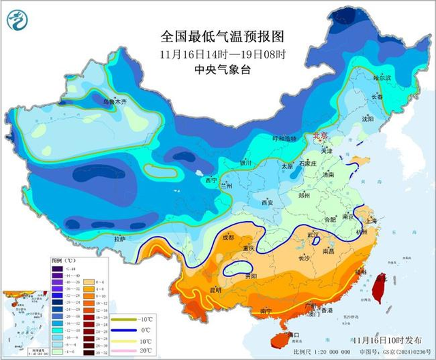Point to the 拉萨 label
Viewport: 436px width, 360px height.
pyautogui.click(x=120, y=239)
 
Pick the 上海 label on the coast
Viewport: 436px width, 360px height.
pyautogui.click(x=371, y=220)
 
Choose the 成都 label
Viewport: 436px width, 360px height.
pyautogui.click(x=228, y=238)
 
